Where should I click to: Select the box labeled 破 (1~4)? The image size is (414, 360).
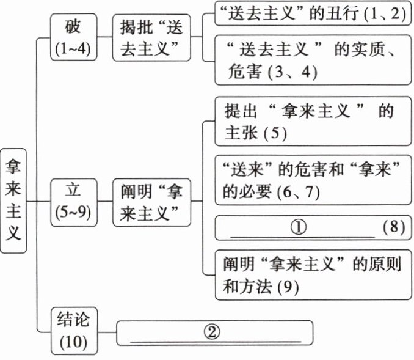pos(74,38)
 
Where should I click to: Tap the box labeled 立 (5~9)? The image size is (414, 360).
pos(74,200)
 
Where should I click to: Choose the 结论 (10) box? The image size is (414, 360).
pos(74,330)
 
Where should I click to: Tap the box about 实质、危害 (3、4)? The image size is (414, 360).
pos(311,60)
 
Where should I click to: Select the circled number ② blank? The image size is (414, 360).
pos(211,332)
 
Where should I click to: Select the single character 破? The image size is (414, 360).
pos(74,27)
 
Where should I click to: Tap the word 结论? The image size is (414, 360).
pos(74,320)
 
